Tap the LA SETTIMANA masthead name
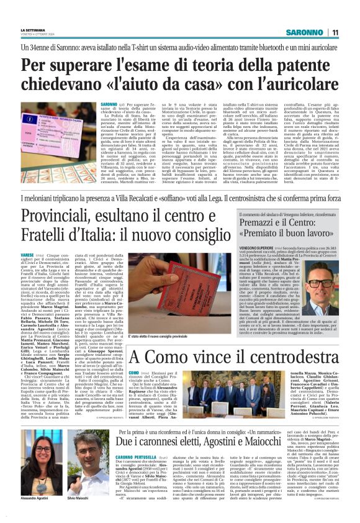point(34,29)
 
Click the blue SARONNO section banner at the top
point(307,32)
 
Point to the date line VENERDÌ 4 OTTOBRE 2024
point(37,35)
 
